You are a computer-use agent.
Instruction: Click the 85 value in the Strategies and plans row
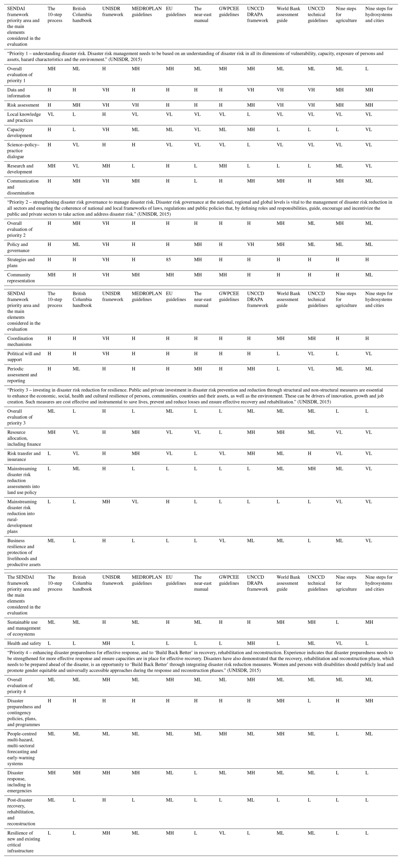(168, 259)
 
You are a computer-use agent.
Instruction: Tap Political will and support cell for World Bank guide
(278, 354)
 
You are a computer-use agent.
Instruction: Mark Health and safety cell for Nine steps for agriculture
(339, 643)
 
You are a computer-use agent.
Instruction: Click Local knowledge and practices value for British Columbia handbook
(74, 114)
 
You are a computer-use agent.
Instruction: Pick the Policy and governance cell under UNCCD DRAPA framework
(251, 244)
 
